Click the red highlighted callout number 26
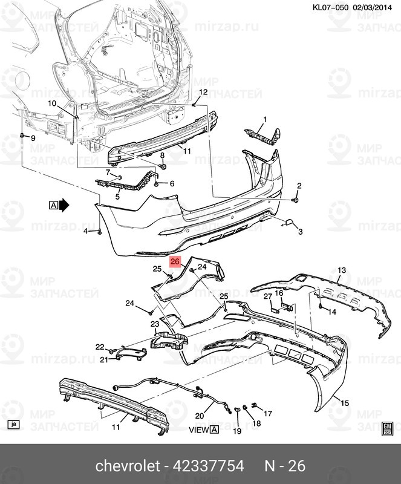(175, 261)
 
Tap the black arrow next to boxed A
(64, 205)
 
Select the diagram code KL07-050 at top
(330, 7)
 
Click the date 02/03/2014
(372, 7)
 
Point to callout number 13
(341, 270)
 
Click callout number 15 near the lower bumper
(344, 403)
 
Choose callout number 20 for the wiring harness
(200, 416)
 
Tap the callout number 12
(203, 92)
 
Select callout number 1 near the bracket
(265, 119)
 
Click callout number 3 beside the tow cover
(300, 232)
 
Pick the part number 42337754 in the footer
(209, 465)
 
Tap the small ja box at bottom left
(13, 425)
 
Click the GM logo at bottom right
(387, 428)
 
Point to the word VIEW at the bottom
(199, 430)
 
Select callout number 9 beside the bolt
(33, 138)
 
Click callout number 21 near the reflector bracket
(104, 359)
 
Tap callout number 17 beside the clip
(268, 413)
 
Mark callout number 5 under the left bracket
(117, 196)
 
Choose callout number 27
(268, 296)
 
